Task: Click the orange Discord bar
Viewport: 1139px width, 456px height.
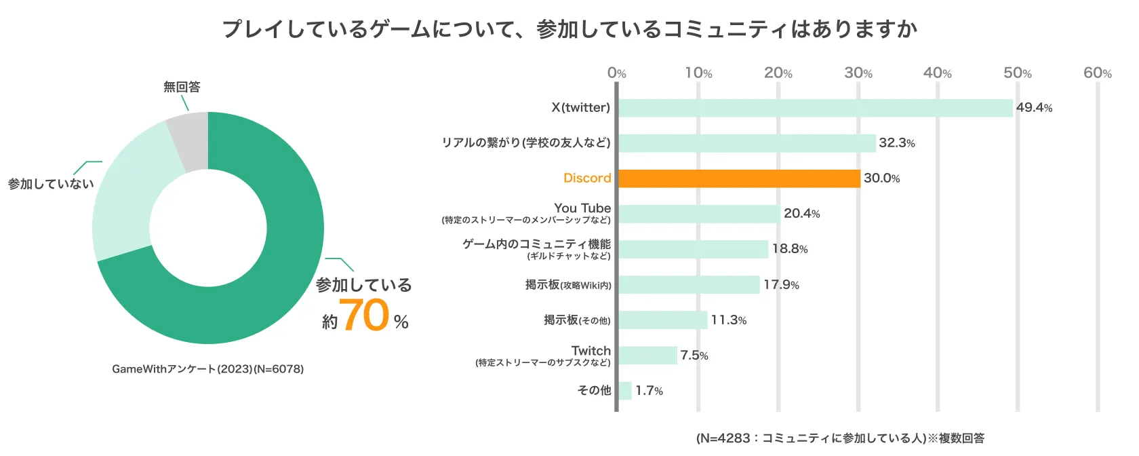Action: (739, 178)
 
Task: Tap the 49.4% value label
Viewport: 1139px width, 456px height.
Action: (1034, 108)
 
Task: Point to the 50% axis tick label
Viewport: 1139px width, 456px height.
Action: (1017, 73)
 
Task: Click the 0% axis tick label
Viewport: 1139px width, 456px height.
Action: (616, 73)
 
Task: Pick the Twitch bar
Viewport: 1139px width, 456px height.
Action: (647, 356)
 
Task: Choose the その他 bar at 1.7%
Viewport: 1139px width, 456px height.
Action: (625, 391)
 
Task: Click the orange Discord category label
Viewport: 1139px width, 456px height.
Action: (587, 178)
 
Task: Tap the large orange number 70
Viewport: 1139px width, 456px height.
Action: (365, 316)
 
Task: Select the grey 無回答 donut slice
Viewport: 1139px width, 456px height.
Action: (190, 139)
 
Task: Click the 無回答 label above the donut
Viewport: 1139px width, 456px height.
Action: (182, 87)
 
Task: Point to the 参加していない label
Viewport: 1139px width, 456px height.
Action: (51, 184)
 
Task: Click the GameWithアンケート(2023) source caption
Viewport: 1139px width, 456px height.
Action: (207, 369)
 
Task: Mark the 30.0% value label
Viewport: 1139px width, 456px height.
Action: (881, 178)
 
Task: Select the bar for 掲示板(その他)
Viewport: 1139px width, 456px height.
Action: (662, 320)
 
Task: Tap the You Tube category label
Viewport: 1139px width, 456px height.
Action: (582, 208)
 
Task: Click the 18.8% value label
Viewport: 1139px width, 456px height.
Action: (790, 249)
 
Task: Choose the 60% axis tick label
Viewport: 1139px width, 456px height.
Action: (1097, 73)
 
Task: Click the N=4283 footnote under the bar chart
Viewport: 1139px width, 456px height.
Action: (840, 438)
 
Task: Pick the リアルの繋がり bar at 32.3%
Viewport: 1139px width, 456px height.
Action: (746, 143)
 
